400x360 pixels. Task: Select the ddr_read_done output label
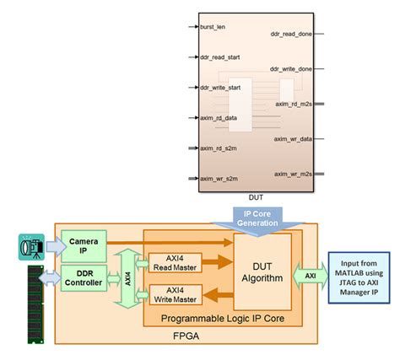point(292,34)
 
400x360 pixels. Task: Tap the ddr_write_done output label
point(292,68)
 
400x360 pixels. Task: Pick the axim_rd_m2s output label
point(293,104)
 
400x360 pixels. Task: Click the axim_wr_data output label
point(293,138)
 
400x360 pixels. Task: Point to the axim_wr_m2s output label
point(293,174)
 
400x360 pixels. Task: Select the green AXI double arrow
point(311,275)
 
